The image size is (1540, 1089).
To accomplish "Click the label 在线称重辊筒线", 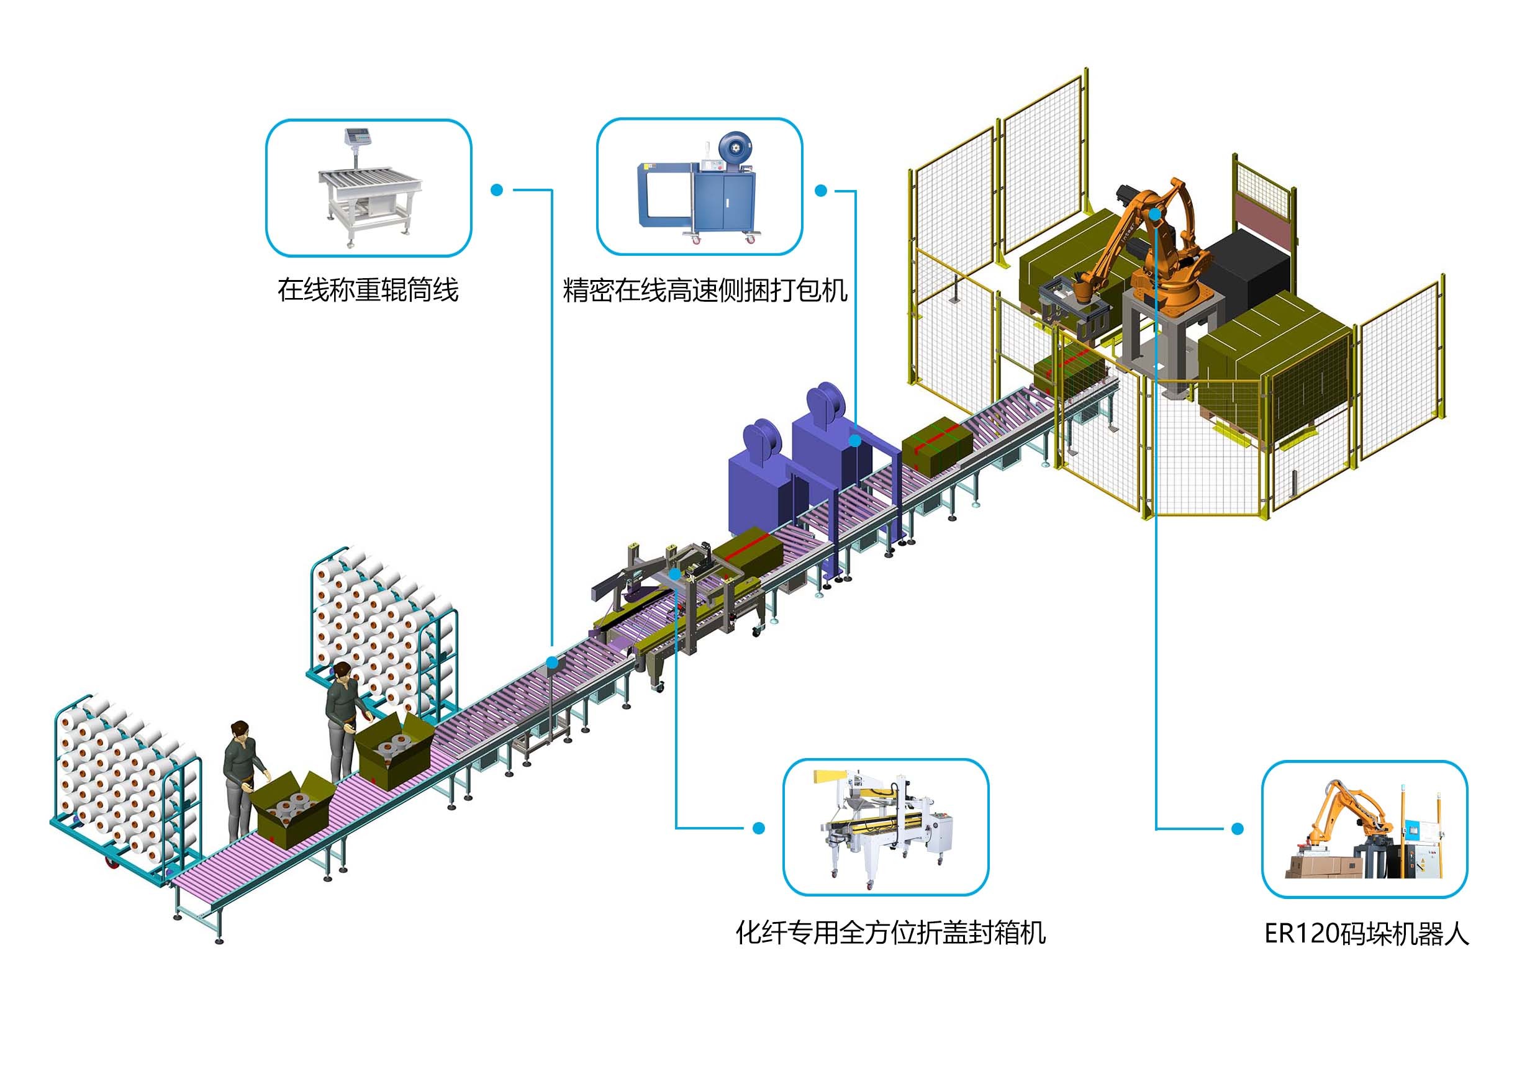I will coord(368,291).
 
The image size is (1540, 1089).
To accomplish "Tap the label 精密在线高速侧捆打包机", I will coord(705,291).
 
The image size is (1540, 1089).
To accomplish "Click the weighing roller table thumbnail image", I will coord(369,188).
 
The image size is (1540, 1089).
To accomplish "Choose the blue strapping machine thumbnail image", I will coord(699,188).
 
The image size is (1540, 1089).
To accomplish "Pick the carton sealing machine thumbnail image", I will coord(885,828).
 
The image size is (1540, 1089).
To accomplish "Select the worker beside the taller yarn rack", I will coord(343,718).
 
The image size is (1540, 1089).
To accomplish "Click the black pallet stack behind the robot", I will coord(1248,268).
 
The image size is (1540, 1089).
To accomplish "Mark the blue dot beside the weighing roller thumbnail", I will coord(496,190).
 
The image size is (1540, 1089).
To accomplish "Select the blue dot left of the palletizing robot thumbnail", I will coord(1238,829).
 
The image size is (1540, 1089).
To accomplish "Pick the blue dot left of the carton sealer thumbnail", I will coord(759,828).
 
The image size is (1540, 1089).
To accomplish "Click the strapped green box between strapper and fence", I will coord(937,445).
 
